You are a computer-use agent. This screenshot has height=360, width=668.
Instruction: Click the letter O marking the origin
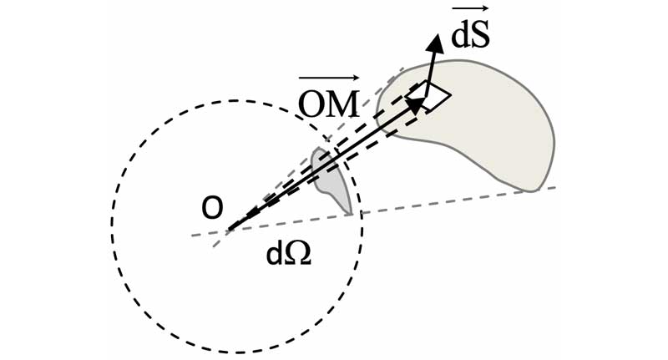point(212,208)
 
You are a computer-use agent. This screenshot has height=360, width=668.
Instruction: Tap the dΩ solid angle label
point(288,254)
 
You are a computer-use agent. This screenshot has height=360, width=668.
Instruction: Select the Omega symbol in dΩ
point(298,254)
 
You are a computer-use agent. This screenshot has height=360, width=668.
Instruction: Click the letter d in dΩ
point(275,253)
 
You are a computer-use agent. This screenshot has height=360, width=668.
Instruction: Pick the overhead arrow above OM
point(329,78)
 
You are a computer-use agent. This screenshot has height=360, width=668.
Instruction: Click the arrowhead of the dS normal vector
point(435,42)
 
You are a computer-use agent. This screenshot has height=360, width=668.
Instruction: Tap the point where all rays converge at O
point(229,230)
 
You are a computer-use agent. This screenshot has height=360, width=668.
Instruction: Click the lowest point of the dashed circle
point(237,352)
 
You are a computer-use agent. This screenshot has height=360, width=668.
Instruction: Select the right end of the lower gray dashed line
point(554,187)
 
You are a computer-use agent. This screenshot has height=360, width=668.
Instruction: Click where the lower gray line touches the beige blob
point(529,191)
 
